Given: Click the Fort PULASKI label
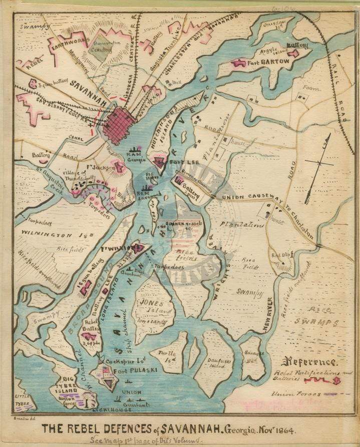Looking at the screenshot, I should tap(122, 371).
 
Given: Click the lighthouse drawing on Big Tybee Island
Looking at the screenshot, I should tap(90, 399).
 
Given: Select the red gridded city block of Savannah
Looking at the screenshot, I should tap(119, 125).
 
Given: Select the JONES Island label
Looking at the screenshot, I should tap(150, 303).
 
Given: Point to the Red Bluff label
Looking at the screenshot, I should tap(278, 255).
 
